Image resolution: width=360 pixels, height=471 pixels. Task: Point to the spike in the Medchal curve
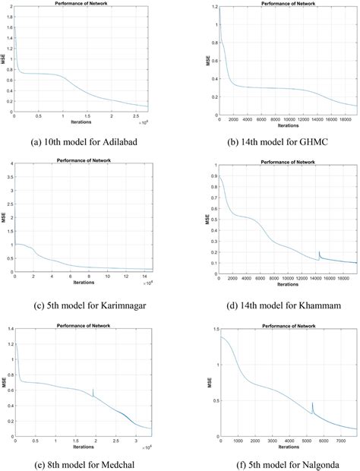(x=93, y=390)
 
